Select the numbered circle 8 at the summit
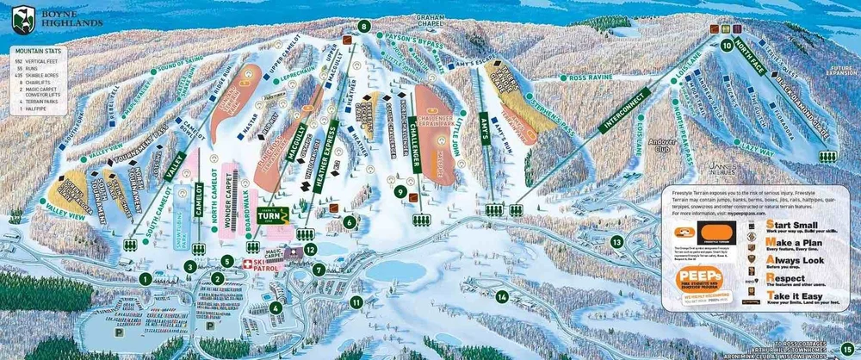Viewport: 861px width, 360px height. click(365, 27)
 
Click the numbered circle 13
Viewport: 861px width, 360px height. click(616, 243)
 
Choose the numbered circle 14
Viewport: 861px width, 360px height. click(501, 297)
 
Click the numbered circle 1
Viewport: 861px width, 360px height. click(146, 278)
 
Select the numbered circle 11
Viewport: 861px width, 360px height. click(356, 301)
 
